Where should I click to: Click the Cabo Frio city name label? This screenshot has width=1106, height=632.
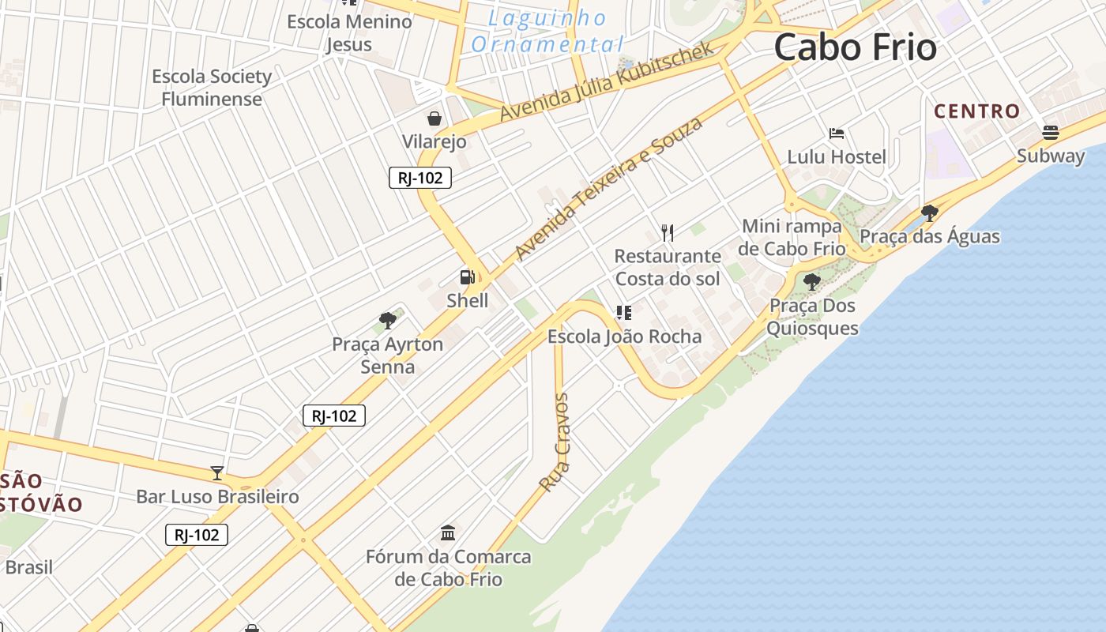[x=855, y=47]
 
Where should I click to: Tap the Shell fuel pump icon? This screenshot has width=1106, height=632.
[x=468, y=277]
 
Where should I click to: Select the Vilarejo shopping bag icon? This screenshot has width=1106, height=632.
[x=434, y=119]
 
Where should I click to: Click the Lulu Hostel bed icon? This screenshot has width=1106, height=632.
[x=837, y=134]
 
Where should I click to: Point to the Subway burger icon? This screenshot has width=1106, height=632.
[x=1051, y=132]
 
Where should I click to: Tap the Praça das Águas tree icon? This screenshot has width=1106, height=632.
[x=930, y=213]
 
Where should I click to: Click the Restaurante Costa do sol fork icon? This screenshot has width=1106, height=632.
[x=668, y=232]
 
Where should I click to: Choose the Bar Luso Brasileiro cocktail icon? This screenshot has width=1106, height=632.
[x=217, y=473]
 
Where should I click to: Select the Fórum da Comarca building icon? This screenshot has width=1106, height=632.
[x=448, y=533]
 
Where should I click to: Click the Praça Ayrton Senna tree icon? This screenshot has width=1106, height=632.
[x=387, y=321]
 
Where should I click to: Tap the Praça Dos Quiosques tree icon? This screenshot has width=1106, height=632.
[x=811, y=282]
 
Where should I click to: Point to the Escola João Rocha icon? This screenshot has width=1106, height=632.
[x=624, y=313]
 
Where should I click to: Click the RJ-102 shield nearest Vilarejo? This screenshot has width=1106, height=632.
[x=420, y=178]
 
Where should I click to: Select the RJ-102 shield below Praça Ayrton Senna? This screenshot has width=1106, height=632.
[x=334, y=416]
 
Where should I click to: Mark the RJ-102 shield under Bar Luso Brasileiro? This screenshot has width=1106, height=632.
[x=197, y=535]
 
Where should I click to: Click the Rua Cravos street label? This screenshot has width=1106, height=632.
[x=555, y=442]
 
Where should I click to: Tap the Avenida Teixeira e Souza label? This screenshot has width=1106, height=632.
[x=608, y=189]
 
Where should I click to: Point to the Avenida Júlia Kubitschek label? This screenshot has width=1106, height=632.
[x=608, y=81]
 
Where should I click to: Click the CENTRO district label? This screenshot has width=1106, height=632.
[x=977, y=111]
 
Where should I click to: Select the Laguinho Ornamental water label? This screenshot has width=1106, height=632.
[x=547, y=32]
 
